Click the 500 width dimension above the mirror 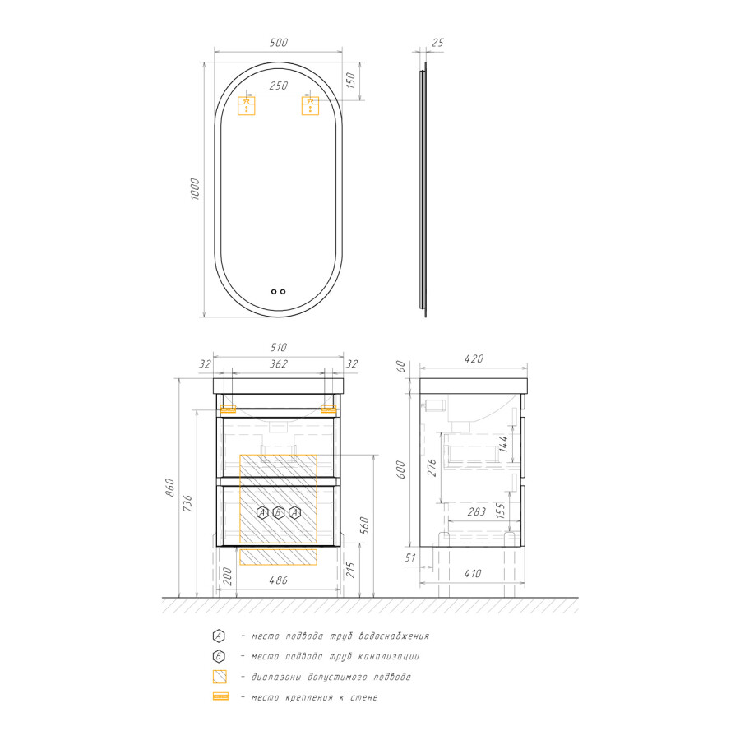coord(279,43)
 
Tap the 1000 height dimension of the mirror coord(194,189)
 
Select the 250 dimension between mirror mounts coord(279,86)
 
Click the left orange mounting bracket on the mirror coord(247,106)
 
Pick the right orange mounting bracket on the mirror coord(310,106)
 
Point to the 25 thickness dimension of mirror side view coord(437,43)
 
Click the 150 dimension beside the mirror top coord(350,81)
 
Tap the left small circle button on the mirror coord(274,292)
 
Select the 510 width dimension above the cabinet coord(279,347)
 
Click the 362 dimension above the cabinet coord(279,364)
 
